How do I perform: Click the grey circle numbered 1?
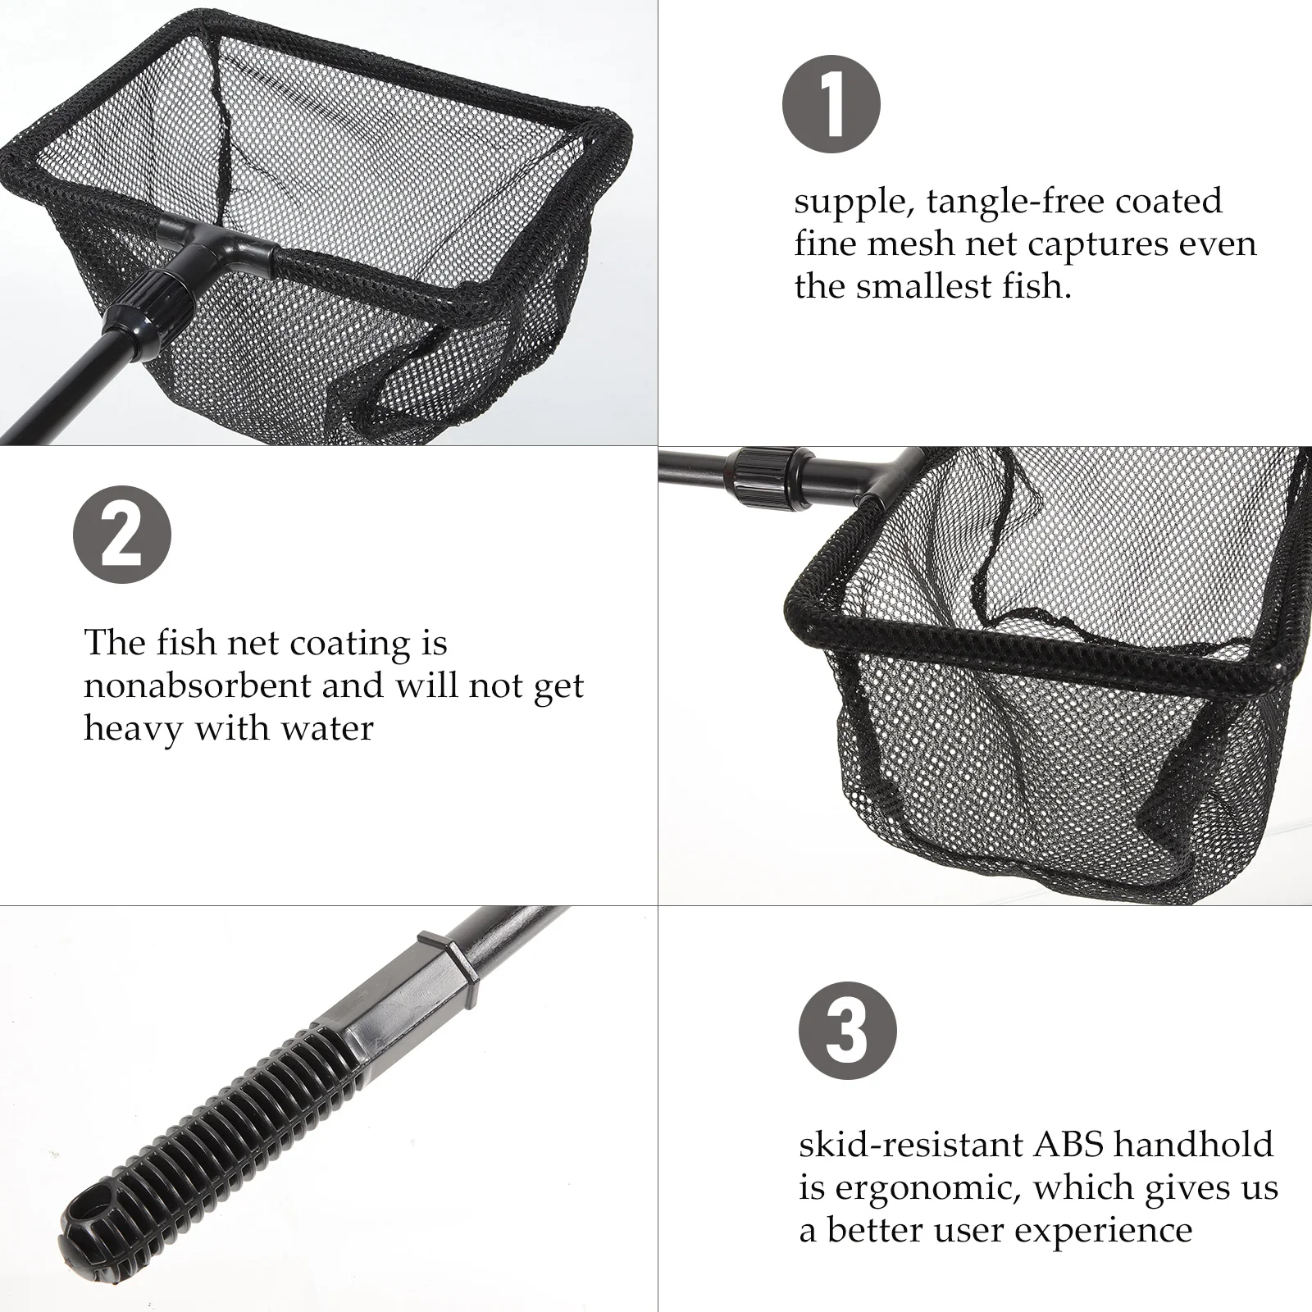click(x=831, y=106)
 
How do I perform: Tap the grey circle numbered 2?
click(x=122, y=536)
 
